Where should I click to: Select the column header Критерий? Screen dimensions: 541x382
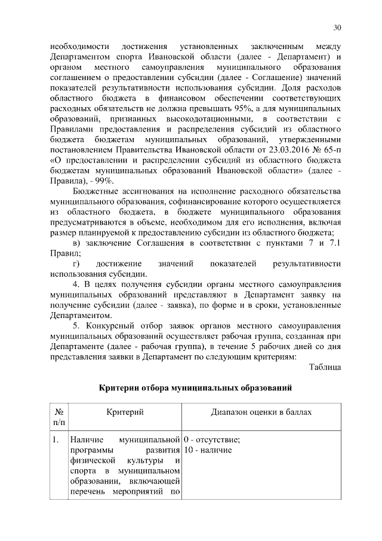click(125, 413)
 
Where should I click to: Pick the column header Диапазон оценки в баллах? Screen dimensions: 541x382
click(261, 413)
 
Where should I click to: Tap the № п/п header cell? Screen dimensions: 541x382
click(59, 418)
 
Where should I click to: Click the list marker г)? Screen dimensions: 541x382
click(76, 264)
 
